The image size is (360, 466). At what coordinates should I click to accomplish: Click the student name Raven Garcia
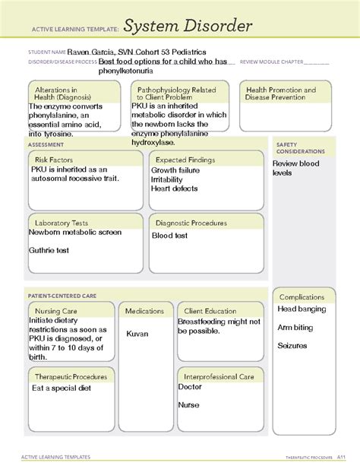pos(90,51)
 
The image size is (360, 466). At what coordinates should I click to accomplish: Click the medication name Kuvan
pos(137,334)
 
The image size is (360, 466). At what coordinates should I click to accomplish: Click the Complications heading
pos(303,297)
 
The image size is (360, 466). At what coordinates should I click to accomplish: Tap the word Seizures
pos(292,345)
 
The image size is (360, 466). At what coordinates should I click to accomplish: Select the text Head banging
pos(302,309)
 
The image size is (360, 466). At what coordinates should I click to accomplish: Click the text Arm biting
pos(295,328)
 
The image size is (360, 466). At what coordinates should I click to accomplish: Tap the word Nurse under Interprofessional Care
pos(188,405)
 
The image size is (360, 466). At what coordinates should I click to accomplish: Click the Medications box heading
pos(145,311)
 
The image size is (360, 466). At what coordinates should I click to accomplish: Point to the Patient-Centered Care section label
pos(62,295)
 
